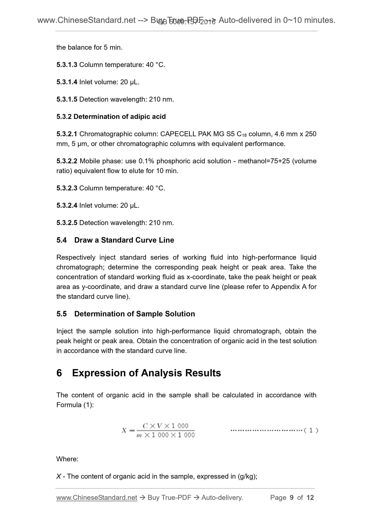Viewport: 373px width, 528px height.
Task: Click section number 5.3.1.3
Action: (67, 65)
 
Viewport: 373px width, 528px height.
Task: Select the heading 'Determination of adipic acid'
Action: (120, 117)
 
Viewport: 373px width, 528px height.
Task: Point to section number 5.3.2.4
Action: (67, 206)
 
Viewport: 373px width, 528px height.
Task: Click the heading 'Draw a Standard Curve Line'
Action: (124, 240)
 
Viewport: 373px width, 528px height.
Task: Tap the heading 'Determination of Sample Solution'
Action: (134, 314)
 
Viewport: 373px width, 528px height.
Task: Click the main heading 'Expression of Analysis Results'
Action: (146, 373)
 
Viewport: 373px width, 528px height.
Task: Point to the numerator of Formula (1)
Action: (165, 426)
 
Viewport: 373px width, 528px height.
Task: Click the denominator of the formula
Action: (165, 435)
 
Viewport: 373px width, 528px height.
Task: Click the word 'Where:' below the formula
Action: (67, 459)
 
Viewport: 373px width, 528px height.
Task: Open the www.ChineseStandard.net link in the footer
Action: (97, 498)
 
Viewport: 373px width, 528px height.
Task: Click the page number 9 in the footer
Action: (292, 498)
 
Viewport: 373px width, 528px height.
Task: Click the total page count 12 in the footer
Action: (310, 498)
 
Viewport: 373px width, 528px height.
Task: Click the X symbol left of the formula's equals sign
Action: (124, 430)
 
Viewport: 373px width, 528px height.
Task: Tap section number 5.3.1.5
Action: (67, 99)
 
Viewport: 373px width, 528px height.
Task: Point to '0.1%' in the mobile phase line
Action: (146, 161)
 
